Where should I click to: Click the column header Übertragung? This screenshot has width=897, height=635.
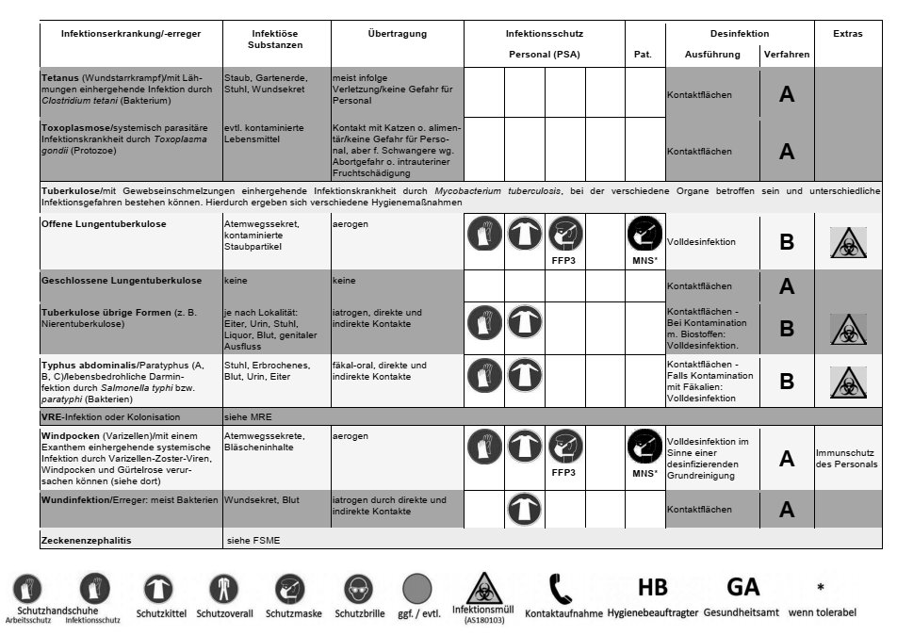[397, 34]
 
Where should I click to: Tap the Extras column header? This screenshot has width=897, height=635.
[847, 34]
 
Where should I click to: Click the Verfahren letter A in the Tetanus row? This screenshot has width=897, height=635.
[787, 94]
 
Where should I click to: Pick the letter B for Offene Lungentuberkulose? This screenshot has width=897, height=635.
[787, 242]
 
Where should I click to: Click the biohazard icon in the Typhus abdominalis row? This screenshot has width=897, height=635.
[847, 381]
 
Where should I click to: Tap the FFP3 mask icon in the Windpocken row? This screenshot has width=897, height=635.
[564, 445]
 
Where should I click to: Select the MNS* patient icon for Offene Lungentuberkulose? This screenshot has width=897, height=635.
[644, 234]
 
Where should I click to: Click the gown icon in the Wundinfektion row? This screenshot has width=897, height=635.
[524, 510]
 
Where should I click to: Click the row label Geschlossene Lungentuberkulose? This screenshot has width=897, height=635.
[122, 281]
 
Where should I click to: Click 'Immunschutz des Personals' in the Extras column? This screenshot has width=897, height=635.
[847, 459]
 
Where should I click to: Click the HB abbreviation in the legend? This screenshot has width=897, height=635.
[652, 587]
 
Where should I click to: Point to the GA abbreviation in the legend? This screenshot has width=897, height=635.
[742, 587]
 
